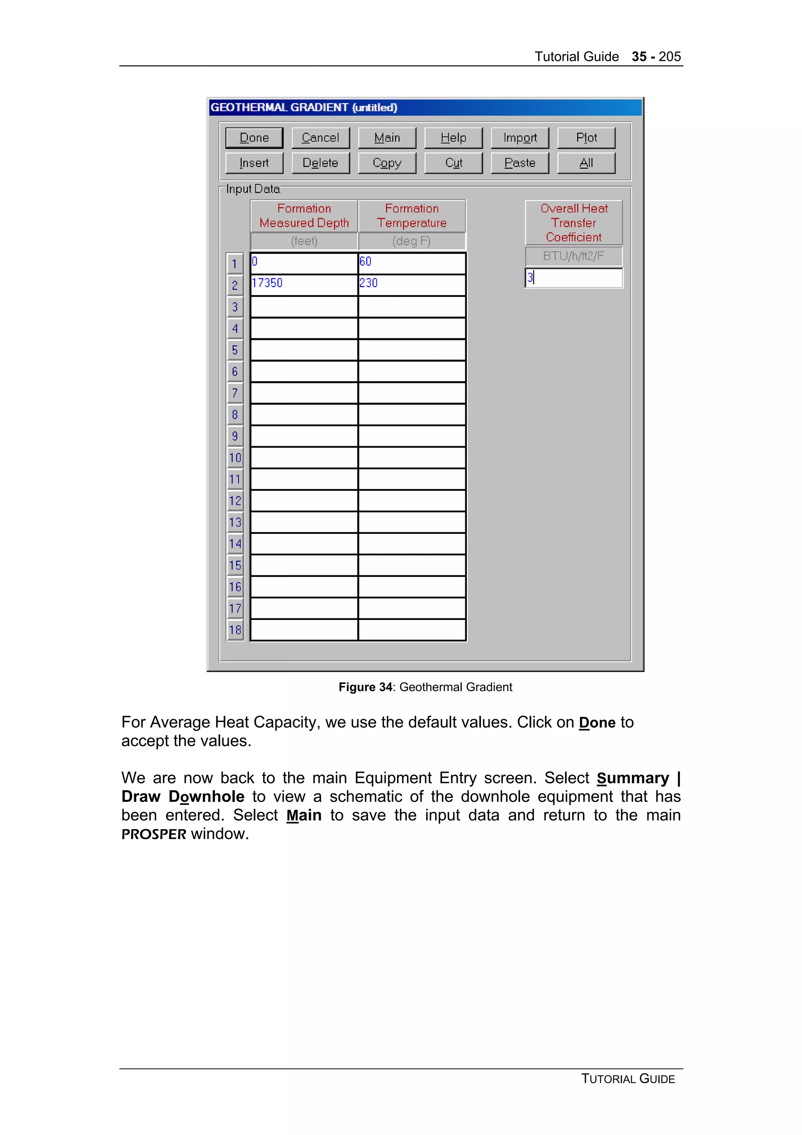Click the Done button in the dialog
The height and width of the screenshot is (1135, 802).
click(254, 137)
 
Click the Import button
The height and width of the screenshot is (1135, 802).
click(519, 137)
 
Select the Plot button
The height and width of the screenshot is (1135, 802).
click(586, 137)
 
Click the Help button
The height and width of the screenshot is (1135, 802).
click(453, 137)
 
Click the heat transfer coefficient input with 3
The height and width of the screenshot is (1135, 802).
click(573, 278)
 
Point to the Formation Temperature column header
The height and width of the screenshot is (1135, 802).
click(411, 215)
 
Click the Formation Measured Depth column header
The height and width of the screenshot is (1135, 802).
click(304, 215)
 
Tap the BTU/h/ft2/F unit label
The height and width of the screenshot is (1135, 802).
click(573, 256)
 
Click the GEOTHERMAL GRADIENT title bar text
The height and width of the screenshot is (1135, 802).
click(303, 107)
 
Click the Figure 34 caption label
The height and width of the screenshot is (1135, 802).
click(425, 687)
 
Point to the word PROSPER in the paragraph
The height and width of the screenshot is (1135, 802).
click(154, 835)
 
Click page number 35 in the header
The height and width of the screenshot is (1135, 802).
click(638, 56)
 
